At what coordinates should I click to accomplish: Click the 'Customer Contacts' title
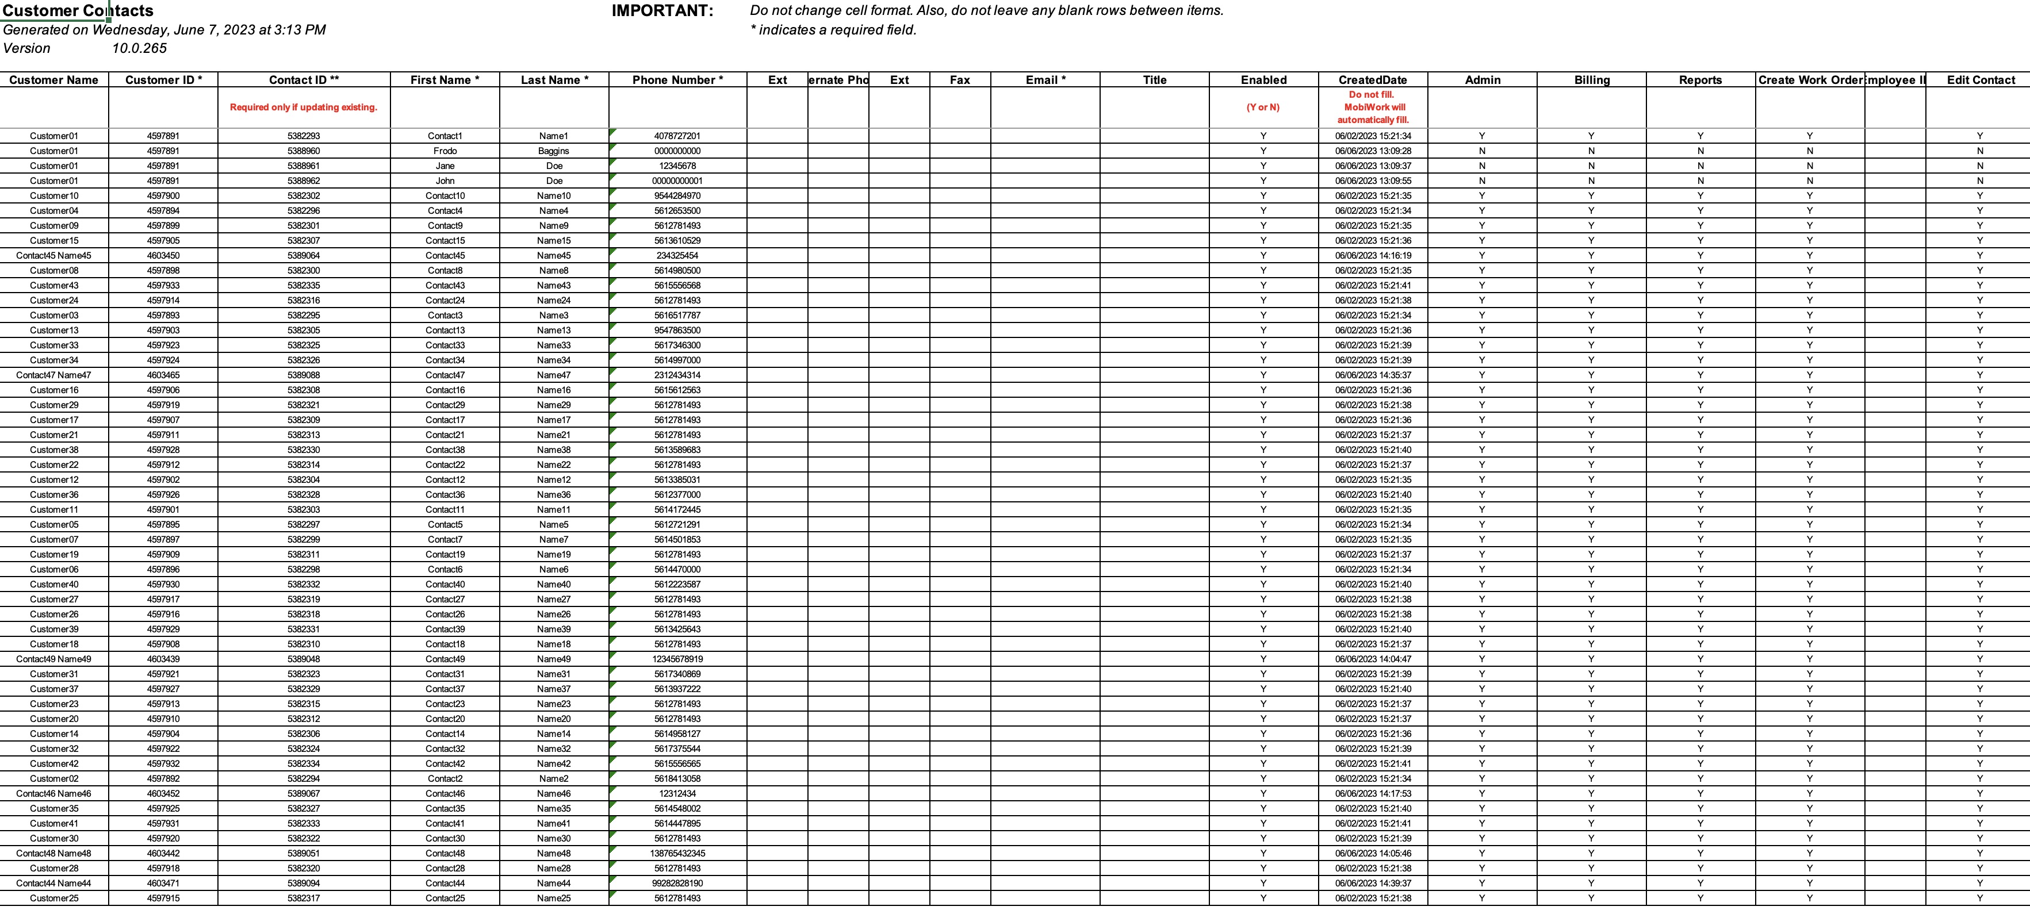coord(78,11)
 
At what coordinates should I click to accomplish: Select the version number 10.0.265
coord(140,48)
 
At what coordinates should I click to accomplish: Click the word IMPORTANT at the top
coord(662,11)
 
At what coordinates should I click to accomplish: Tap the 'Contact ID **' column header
coord(304,79)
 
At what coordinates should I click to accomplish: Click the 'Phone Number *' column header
coord(677,79)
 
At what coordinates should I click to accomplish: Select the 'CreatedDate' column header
coord(1372,79)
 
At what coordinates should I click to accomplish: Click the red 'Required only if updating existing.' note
coord(304,107)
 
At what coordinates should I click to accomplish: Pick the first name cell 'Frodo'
coord(445,151)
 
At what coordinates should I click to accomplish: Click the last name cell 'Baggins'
coord(553,151)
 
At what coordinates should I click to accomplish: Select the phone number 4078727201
coord(677,136)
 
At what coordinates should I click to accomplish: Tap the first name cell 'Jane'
coord(445,166)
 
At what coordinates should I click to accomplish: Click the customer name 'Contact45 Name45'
coord(53,255)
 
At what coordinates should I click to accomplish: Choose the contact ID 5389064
coord(304,255)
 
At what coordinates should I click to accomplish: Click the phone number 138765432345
coord(677,853)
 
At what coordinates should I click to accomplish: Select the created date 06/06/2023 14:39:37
coord(1373,884)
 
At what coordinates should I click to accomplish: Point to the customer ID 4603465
coord(163,375)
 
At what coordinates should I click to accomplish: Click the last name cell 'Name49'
coord(553,659)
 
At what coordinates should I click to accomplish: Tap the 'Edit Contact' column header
coord(1981,79)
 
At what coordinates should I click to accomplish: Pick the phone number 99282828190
coord(677,884)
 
